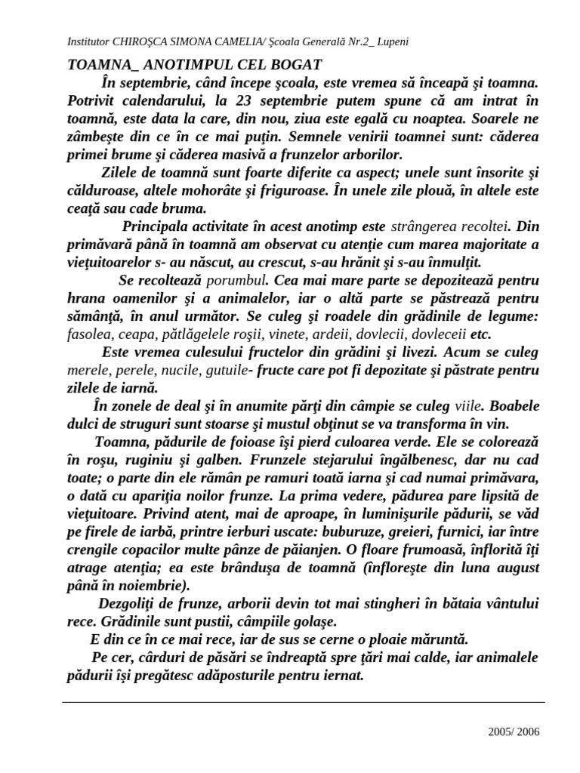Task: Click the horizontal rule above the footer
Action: point(302,701)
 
